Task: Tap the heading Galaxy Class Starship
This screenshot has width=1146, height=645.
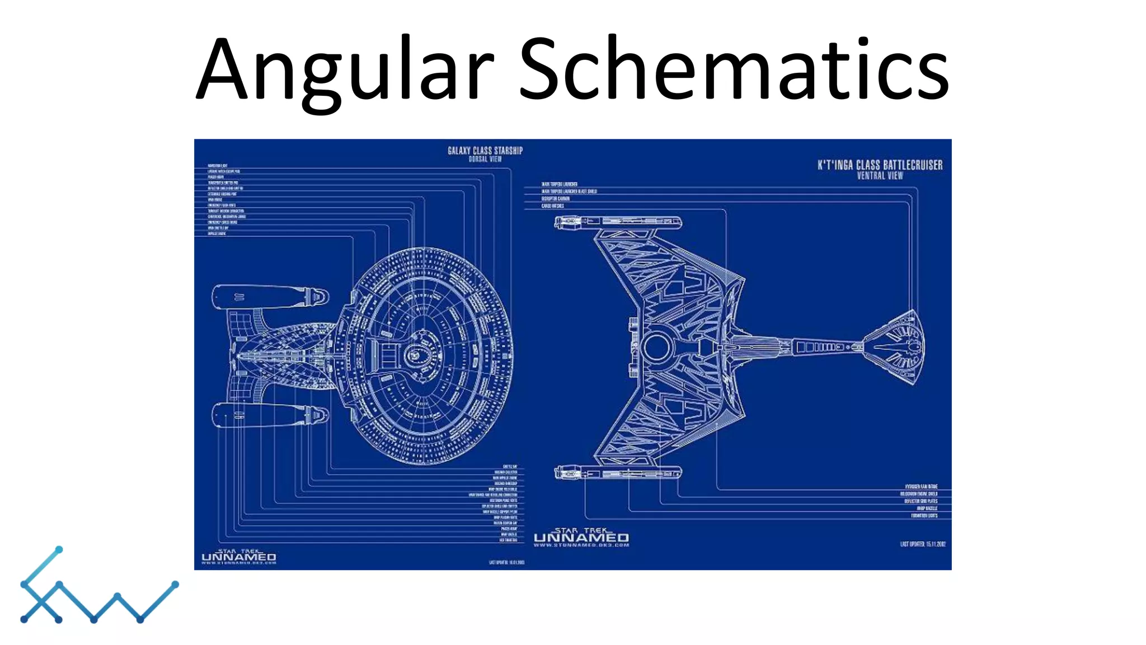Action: point(485,150)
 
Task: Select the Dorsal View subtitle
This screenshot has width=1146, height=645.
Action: point(485,159)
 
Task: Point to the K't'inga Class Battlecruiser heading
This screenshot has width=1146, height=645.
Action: point(880,165)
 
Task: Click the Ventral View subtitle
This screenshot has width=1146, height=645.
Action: point(880,176)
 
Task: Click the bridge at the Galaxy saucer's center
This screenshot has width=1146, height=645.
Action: point(415,354)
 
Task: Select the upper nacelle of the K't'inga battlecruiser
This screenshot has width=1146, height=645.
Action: point(618,222)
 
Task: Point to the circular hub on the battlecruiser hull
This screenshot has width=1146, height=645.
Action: point(656,347)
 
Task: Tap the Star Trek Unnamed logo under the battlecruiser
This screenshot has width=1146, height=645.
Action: point(581,537)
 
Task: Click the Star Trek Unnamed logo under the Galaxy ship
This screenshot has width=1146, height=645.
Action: point(239,556)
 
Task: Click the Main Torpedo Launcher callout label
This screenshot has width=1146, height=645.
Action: point(559,184)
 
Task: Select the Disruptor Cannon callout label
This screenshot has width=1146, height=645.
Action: point(555,199)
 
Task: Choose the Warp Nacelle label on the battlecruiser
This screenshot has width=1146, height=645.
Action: point(927,508)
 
